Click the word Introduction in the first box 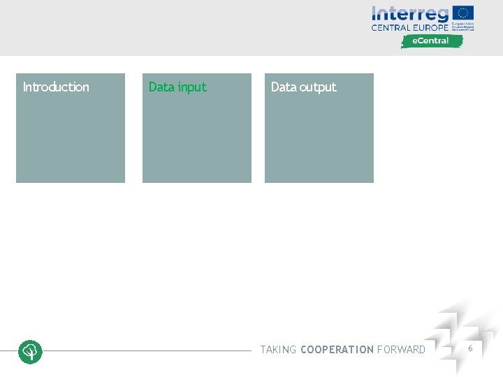click(56, 87)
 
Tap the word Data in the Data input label click(161, 87)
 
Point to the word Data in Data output click(284, 87)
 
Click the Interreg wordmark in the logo click(410, 14)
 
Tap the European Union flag click(463, 13)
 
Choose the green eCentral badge click(432, 41)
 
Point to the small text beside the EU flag click(463, 27)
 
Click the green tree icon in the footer click(30, 351)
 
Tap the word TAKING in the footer click(278, 350)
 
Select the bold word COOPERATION click(337, 350)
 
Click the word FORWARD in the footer click(401, 350)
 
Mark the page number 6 click(470, 348)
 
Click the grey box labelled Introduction click(71, 140)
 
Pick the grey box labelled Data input click(197, 140)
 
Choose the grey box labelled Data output click(319, 140)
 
